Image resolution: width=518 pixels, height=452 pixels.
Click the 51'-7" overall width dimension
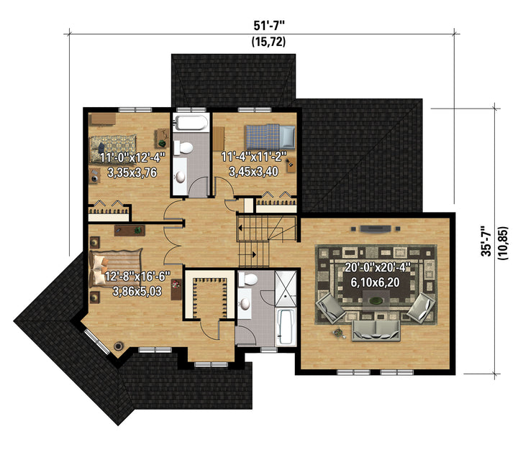[x=269, y=25]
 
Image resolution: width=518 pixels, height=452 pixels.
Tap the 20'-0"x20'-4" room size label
[x=377, y=267]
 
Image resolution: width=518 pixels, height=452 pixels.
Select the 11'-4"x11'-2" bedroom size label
[x=253, y=157]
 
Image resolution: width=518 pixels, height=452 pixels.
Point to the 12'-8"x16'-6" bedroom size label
[x=137, y=276]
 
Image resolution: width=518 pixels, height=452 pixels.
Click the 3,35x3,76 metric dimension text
[x=132, y=172]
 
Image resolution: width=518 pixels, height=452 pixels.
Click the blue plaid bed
[x=270, y=137]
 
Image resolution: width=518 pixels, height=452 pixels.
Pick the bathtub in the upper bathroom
[x=191, y=123]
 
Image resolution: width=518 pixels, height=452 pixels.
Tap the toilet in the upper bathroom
[x=183, y=147]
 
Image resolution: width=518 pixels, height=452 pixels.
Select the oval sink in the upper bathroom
[x=181, y=177]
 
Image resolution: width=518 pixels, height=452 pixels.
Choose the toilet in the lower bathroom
[x=247, y=280]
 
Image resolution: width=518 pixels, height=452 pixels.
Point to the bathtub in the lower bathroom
[x=286, y=327]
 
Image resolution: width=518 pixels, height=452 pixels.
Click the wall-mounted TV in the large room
[x=376, y=229]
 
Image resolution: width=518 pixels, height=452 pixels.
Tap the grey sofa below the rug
[x=376, y=331]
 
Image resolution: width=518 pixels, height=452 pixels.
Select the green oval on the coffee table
[x=374, y=300]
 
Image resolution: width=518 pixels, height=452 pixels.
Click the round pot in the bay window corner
[x=118, y=346]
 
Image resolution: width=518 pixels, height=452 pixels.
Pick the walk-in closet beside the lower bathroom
[x=210, y=295]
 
